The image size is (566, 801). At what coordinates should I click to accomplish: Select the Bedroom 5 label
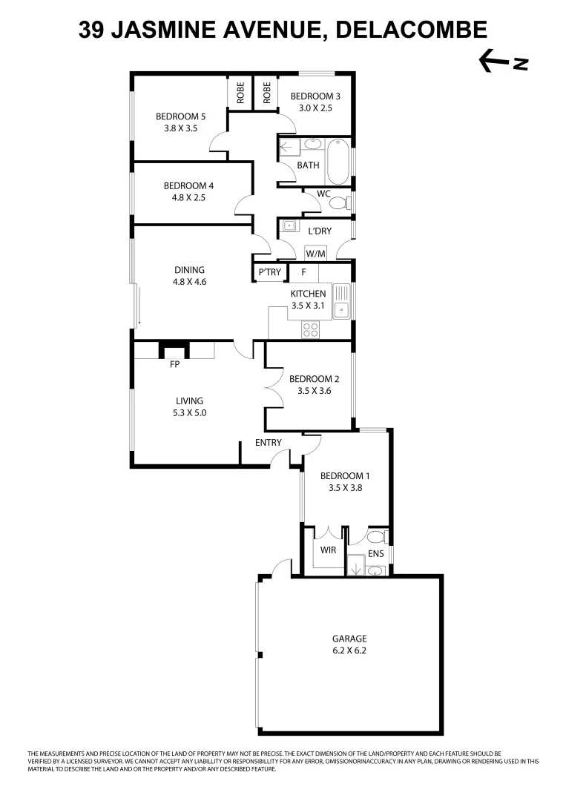point(180,116)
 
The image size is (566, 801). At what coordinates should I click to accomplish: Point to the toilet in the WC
point(340,202)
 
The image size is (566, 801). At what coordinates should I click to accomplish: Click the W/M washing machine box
point(316,253)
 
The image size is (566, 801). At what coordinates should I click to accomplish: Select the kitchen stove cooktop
point(311,329)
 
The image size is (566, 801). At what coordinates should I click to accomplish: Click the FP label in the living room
point(175,364)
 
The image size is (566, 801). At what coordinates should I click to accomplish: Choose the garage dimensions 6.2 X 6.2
point(349,650)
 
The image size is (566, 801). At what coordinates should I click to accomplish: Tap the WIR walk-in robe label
point(329,550)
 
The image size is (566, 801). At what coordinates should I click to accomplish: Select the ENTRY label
point(268,443)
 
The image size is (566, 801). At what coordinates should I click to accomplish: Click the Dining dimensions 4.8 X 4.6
point(189,282)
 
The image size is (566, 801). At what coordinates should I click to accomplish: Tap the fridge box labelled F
point(303,272)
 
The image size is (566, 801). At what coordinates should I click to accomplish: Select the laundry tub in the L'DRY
point(288,228)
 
